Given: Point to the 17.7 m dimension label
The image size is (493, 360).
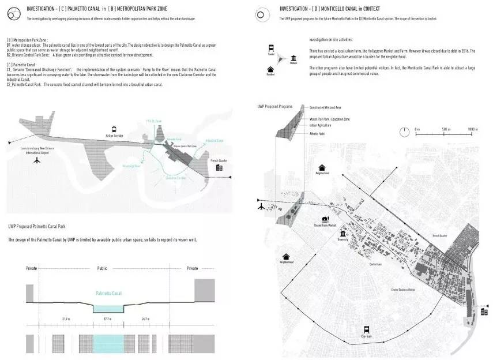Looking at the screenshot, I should tap(107, 318).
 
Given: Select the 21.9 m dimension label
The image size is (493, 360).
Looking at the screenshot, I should tap(66, 318).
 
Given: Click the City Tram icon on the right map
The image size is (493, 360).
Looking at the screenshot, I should tap(365, 327).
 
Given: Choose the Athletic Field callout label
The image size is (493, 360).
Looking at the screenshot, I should tap(317, 133).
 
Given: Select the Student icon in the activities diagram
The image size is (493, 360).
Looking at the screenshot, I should tap(294, 59).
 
